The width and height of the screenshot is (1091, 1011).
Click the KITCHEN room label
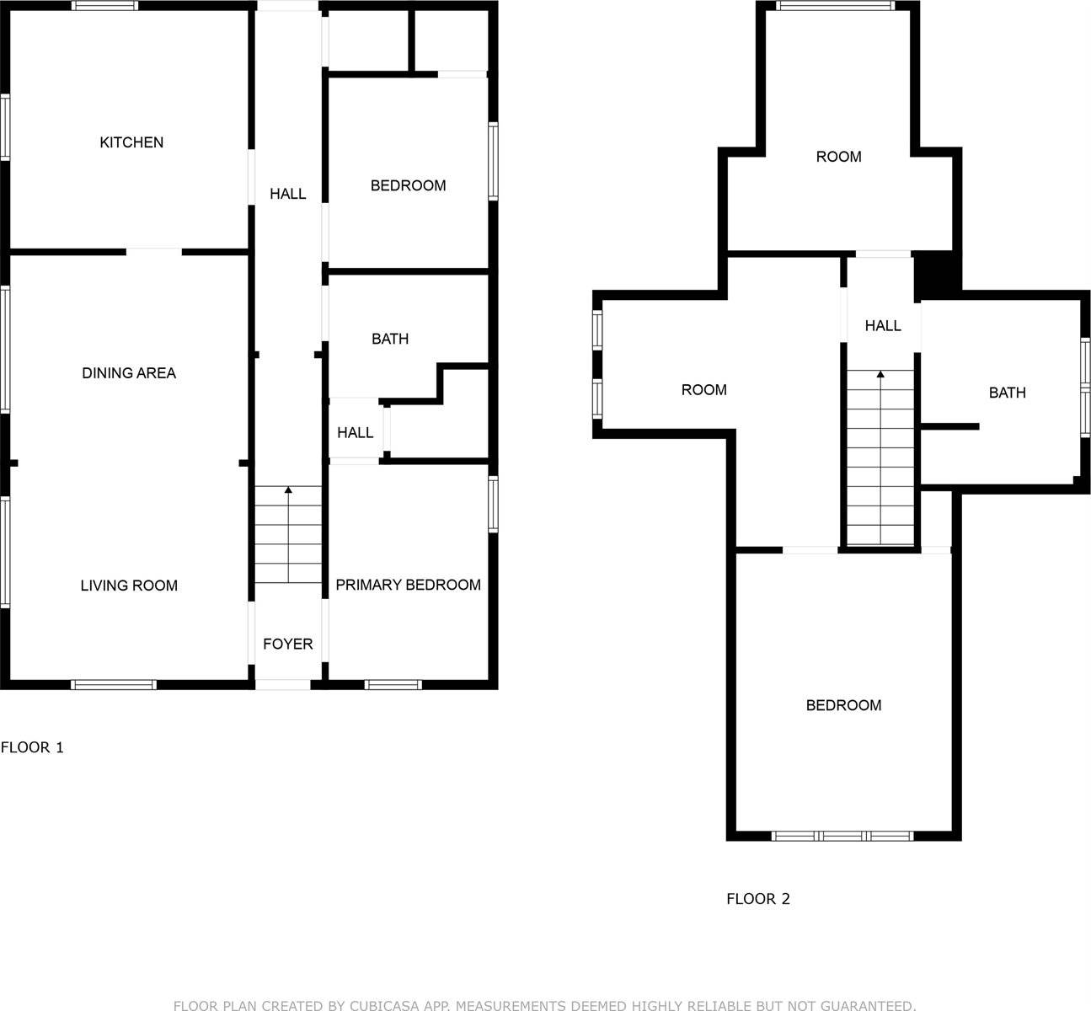click(131, 142)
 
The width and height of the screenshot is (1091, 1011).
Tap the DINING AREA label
click(129, 372)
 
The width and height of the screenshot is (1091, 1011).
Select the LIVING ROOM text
click(129, 586)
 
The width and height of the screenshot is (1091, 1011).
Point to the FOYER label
click(287, 644)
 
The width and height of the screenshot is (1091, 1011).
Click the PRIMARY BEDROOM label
click(408, 585)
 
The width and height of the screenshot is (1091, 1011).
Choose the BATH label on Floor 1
click(390, 339)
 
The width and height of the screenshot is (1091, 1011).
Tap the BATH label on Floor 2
click(1008, 393)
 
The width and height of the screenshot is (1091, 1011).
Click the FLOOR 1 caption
click(32, 747)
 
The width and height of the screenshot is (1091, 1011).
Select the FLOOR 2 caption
click(758, 899)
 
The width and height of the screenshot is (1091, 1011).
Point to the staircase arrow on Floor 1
click(289, 489)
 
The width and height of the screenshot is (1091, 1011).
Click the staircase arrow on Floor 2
click(880, 373)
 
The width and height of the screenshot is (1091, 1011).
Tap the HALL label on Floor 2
click(883, 325)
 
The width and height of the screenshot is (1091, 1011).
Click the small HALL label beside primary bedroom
click(355, 432)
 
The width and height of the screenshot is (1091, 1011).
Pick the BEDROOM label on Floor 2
click(843, 705)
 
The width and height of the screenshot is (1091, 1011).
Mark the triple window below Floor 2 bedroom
click(842, 836)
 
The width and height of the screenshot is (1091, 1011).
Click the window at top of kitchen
click(104, 6)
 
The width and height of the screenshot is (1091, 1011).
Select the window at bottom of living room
click(115, 684)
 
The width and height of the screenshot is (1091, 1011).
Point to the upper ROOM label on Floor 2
click(838, 157)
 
